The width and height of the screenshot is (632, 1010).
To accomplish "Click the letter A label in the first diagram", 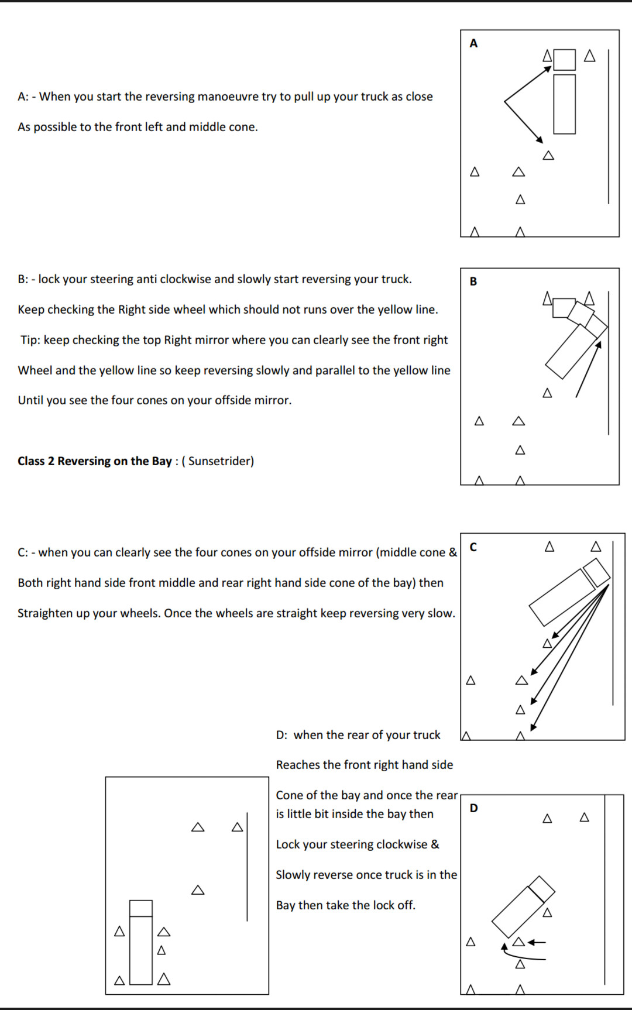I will pos(473,43).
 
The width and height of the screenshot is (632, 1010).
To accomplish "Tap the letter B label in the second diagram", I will pos(473,281).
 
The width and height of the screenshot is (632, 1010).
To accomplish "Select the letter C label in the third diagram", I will pos(473,547).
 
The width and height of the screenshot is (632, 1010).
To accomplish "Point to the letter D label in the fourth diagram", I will pos(473,808).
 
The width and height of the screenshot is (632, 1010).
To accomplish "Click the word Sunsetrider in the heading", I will pos(221,461).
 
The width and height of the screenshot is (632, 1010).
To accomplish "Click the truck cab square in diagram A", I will pos(564,60).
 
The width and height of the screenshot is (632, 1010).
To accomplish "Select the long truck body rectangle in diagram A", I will pos(564,104).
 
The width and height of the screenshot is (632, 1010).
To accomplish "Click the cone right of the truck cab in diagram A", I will pos(590,56).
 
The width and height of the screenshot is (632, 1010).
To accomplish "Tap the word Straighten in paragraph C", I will pos(46,613).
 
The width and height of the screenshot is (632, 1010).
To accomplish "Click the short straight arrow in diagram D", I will pos(537,942).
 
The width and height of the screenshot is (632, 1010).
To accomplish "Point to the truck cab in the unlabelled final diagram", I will pos(141,908).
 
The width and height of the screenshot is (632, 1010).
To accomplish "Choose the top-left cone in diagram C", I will pos(549,547).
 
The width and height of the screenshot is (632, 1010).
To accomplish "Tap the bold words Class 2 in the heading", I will pos(36,461).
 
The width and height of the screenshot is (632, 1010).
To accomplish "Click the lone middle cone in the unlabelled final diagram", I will pos(198,890).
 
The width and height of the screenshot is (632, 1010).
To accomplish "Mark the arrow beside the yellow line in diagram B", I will pos(588,370).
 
